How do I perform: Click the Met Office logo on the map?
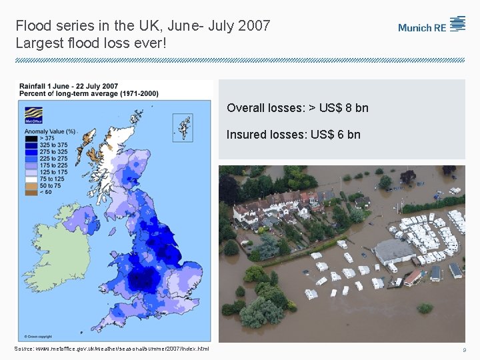32,120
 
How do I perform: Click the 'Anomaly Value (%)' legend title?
50,131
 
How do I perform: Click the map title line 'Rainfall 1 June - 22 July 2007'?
69,86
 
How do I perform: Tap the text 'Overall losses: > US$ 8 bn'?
297,108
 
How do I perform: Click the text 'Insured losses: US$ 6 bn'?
293,135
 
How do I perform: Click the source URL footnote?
112,349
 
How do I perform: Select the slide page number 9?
464,350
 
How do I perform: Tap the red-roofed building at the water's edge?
413,277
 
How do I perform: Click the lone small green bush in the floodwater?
425,308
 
